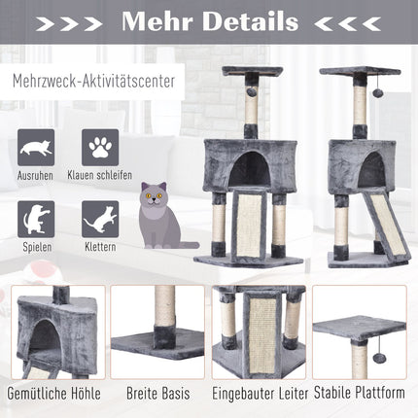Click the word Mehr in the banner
[x=157, y=21]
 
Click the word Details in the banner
[x=251, y=21]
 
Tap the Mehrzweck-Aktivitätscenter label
[x=93, y=82]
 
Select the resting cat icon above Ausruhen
[x=36, y=148]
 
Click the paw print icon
[x=100, y=148]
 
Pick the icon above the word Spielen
[x=36, y=219]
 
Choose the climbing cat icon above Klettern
[x=100, y=219]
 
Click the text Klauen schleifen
[x=100, y=175]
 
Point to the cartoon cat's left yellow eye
[x=150, y=195]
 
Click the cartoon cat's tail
[x=188, y=245]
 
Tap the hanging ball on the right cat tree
[x=377, y=92]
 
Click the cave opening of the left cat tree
[x=250, y=169]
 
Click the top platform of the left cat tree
[x=252, y=71]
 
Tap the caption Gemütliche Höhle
[x=53, y=394]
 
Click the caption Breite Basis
[x=158, y=394]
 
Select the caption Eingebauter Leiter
[x=261, y=394]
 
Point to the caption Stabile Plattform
[x=360, y=393]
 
